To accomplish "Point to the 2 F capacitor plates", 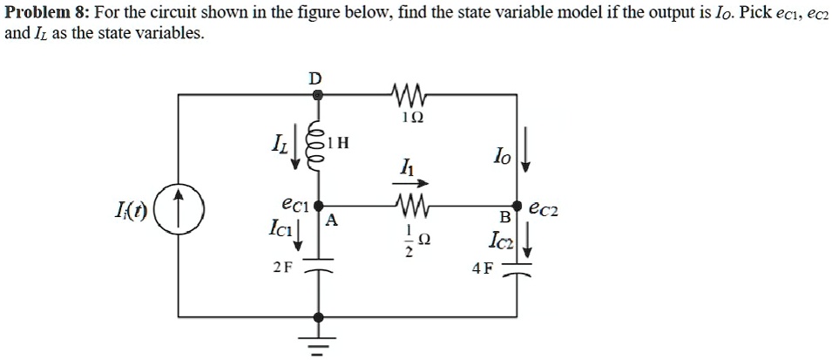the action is point(317,264).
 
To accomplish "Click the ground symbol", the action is point(317,342).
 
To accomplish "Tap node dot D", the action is point(318,95).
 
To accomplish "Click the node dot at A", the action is point(318,205).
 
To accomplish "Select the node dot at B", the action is point(517,205).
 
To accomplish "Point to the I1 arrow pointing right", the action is point(409,183).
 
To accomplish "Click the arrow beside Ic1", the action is point(298,235).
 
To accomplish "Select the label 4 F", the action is point(482,269).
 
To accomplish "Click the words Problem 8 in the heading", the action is point(44,13).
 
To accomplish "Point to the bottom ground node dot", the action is point(318,317).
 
